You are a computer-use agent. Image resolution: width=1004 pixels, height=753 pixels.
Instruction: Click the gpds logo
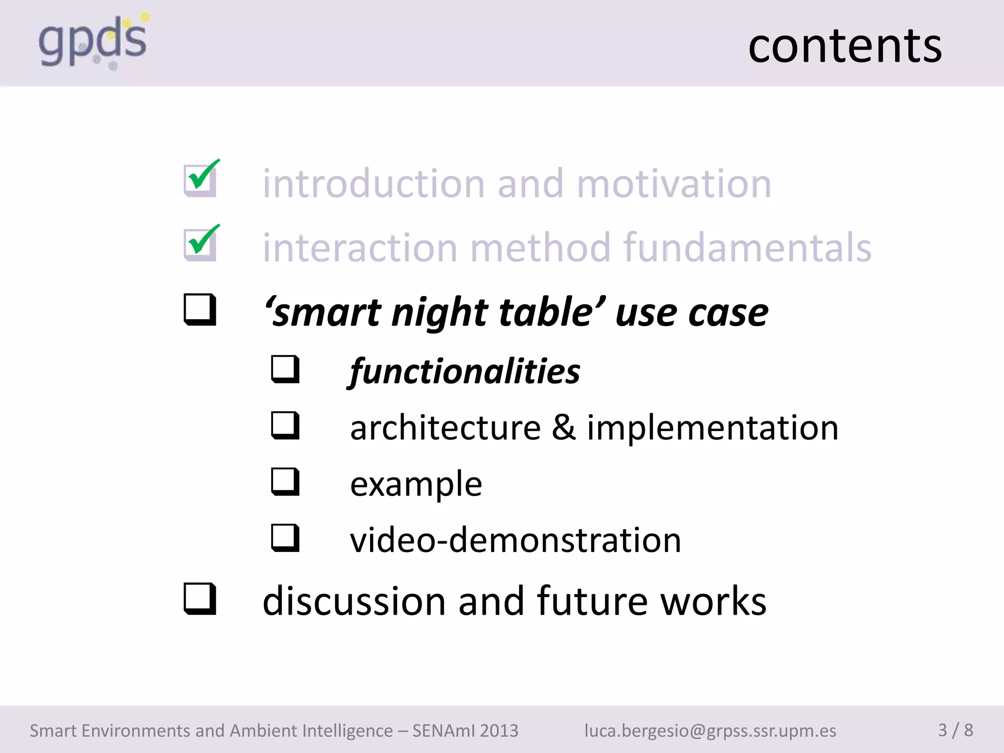click(93, 41)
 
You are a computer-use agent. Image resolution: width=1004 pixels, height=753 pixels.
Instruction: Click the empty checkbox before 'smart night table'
click(200, 309)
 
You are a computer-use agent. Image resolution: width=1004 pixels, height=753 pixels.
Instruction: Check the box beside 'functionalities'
click(285, 369)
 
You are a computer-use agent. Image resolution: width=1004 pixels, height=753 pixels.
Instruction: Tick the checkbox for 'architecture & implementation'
click(285, 425)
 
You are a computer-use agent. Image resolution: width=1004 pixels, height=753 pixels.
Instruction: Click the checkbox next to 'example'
click(285, 481)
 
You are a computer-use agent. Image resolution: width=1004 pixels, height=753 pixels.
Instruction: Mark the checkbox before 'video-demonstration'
click(285, 538)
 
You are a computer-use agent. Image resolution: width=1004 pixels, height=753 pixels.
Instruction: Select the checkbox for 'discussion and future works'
click(200, 599)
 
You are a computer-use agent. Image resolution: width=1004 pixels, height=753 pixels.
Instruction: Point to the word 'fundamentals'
click(748, 248)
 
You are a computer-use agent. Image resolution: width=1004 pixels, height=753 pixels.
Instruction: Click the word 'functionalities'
click(465, 372)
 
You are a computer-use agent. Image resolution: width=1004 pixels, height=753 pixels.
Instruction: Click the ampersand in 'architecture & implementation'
click(564, 427)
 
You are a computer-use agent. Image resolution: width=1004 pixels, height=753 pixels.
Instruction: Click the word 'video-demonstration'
click(515, 540)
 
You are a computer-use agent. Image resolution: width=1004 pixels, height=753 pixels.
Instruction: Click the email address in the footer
click(710, 730)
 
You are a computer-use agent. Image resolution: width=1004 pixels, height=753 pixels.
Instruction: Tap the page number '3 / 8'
click(955, 730)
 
